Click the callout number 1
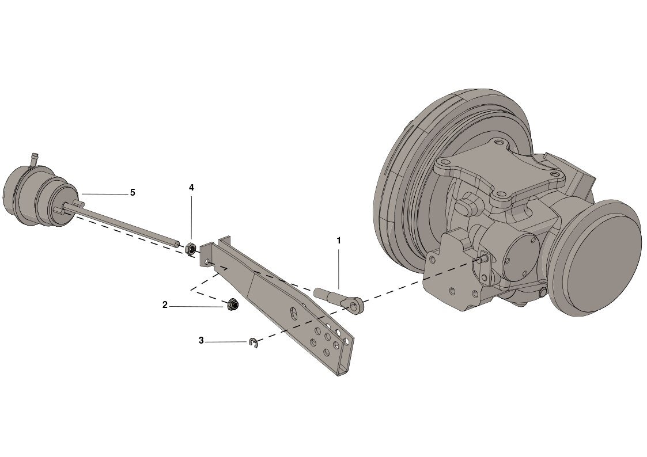pyautogui.click(x=339, y=240)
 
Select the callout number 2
pyautogui.click(x=165, y=305)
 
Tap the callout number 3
pyautogui.click(x=202, y=341)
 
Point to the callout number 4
pyautogui.click(x=191, y=188)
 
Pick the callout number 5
pyautogui.click(x=133, y=192)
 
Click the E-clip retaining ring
pyautogui.click(x=253, y=343)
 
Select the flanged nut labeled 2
pyautogui.click(x=232, y=305)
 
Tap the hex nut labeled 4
pyautogui.click(x=191, y=249)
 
